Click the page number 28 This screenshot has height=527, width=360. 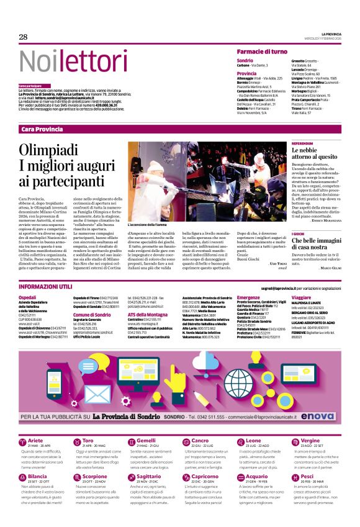point(24,37)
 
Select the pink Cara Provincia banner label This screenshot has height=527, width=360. point(42,128)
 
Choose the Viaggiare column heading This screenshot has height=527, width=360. point(302,298)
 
